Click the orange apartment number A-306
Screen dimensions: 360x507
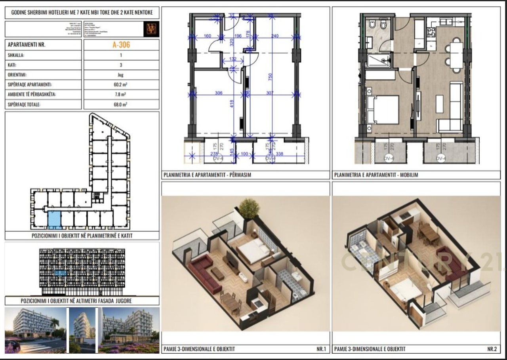121,45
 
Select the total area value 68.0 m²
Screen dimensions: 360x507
121,105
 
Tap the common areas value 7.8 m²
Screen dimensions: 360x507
121,95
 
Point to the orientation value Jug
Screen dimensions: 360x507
121,74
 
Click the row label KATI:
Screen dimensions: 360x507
12,65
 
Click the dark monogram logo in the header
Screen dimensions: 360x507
151,29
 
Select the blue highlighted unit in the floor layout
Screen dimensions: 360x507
54,220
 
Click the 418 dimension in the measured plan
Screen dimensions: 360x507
232,103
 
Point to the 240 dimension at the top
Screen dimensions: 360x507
275,36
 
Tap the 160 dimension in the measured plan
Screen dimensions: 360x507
207,36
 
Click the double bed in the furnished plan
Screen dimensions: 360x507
383,109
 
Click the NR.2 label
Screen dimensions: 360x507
492,349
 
